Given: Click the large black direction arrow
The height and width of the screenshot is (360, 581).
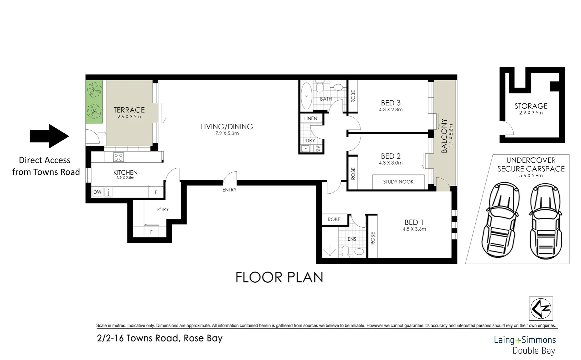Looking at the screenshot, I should tap(49, 136).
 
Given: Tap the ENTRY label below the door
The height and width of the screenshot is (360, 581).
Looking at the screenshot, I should tap(229, 190).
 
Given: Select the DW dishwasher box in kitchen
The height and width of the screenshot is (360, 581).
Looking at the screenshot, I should tap(97, 192).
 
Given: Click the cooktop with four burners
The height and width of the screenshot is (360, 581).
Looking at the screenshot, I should tap(118, 157).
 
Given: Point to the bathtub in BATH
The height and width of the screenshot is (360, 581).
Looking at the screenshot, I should tap(306, 96).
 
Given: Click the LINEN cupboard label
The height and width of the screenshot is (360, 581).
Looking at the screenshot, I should tap(310, 118).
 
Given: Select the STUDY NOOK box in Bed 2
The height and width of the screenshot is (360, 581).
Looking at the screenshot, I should tap(398, 182).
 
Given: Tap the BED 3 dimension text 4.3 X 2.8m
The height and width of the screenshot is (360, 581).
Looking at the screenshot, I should tap(390, 109).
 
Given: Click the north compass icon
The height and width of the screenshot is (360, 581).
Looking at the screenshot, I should tap(541, 308).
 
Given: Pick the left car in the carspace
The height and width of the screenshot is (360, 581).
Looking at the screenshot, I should tap(499, 222).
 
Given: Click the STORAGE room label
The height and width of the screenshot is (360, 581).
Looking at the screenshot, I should tap(531, 106).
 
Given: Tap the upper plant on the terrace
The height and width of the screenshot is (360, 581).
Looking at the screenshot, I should tap(94, 90).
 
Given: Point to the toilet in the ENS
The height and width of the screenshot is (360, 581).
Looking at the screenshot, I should tap(345, 252).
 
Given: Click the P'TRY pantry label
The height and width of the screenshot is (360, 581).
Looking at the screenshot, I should tap(163, 209).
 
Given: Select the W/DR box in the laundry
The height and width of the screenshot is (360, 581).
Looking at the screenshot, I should tap(318, 149).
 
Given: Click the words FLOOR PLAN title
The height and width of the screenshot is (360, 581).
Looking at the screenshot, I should tap(279, 277).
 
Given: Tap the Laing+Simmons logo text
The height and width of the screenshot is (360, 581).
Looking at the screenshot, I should tap(525, 340).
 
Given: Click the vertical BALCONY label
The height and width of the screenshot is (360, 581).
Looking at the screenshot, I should tap(444, 136).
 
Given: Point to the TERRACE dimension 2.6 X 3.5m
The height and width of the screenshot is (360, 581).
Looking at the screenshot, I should tap(129, 117).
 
